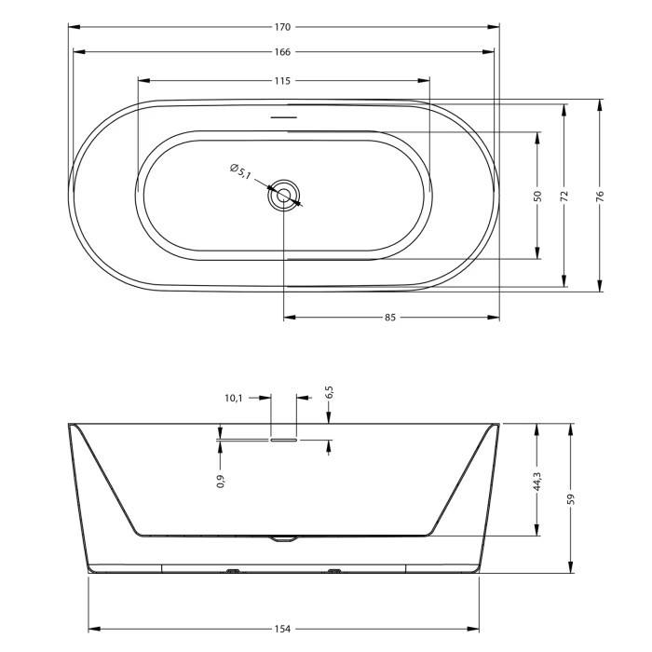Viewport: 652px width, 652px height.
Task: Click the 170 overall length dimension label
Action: click(282, 27)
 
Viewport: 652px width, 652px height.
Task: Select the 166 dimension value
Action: click(282, 52)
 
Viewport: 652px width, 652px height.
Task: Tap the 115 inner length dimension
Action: click(282, 81)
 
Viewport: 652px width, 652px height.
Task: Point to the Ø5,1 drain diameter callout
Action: click(240, 171)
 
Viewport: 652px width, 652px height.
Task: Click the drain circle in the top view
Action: click(284, 195)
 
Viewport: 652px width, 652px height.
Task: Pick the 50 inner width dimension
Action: click(537, 196)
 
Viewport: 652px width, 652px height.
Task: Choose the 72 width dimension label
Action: click(564, 196)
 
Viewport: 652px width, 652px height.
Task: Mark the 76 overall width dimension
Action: click(600, 196)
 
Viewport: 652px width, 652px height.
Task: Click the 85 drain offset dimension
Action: click(390, 318)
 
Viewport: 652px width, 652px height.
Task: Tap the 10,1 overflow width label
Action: click(233, 398)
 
